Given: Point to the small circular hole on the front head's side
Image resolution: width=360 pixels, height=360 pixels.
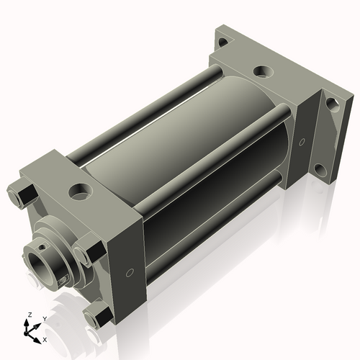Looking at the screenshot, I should click(x=130, y=272).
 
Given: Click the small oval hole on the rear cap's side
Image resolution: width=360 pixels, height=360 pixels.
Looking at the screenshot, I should click(x=302, y=140).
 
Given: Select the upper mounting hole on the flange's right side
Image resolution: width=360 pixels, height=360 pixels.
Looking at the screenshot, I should click(x=332, y=103).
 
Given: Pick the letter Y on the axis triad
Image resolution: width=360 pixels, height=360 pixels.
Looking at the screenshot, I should click(x=44, y=318).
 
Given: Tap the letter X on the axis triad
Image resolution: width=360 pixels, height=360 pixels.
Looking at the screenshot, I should click(x=45, y=338).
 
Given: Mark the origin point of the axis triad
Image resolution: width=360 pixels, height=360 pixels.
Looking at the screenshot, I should click(x=31, y=331).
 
